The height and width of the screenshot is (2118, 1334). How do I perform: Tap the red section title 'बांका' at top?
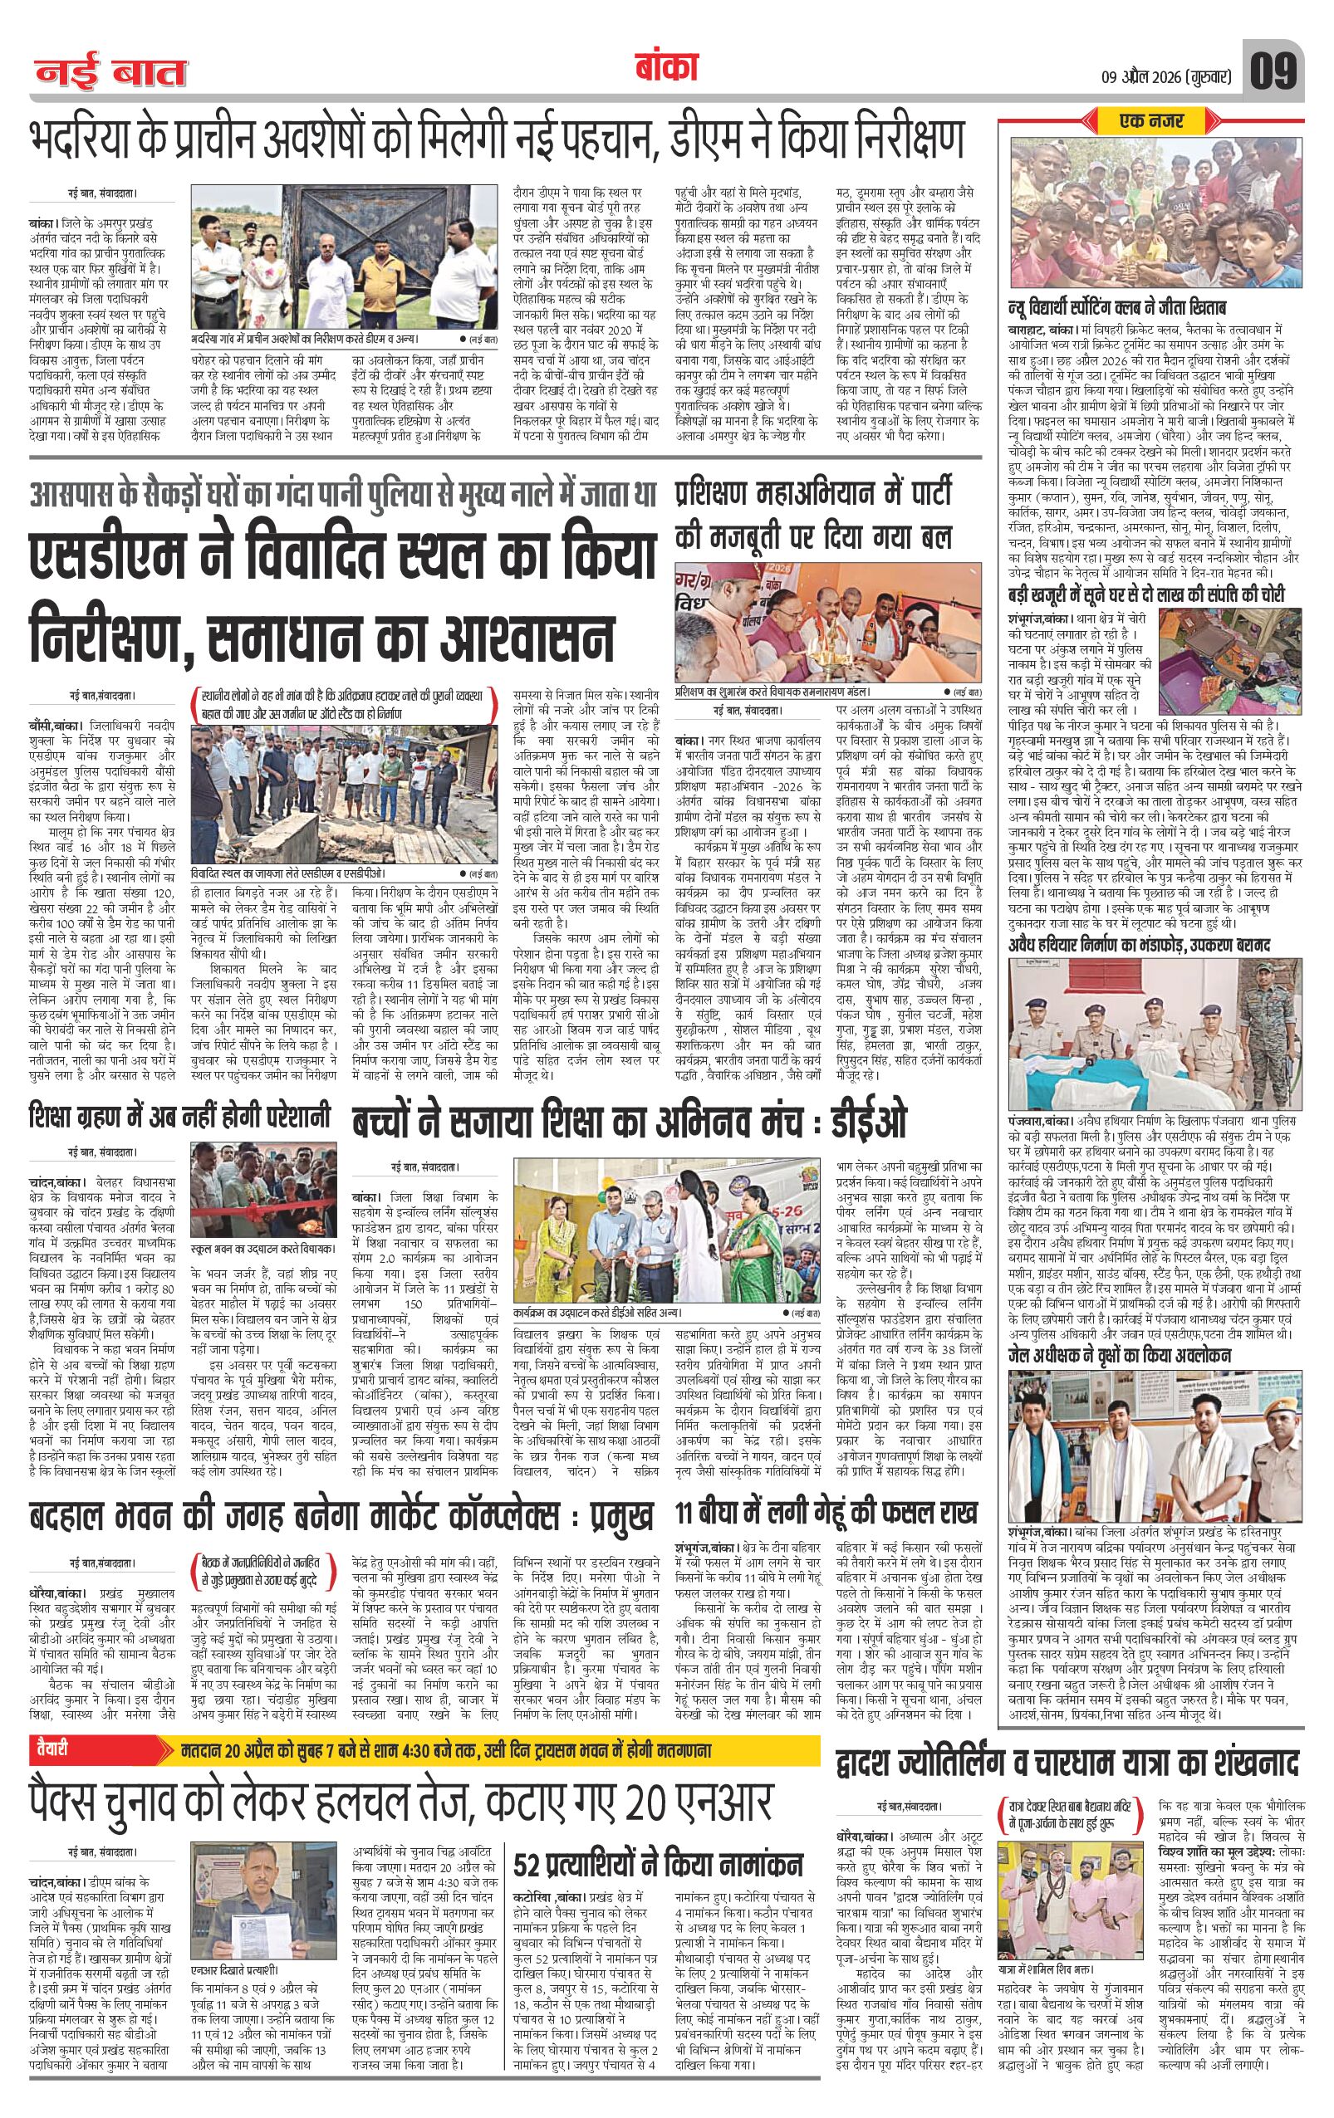point(665,69)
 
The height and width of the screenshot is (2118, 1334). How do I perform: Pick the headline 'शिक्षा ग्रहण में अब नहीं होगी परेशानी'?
point(179,1118)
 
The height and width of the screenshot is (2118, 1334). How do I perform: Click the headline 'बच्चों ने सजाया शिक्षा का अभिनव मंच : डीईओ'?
point(629,1123)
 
